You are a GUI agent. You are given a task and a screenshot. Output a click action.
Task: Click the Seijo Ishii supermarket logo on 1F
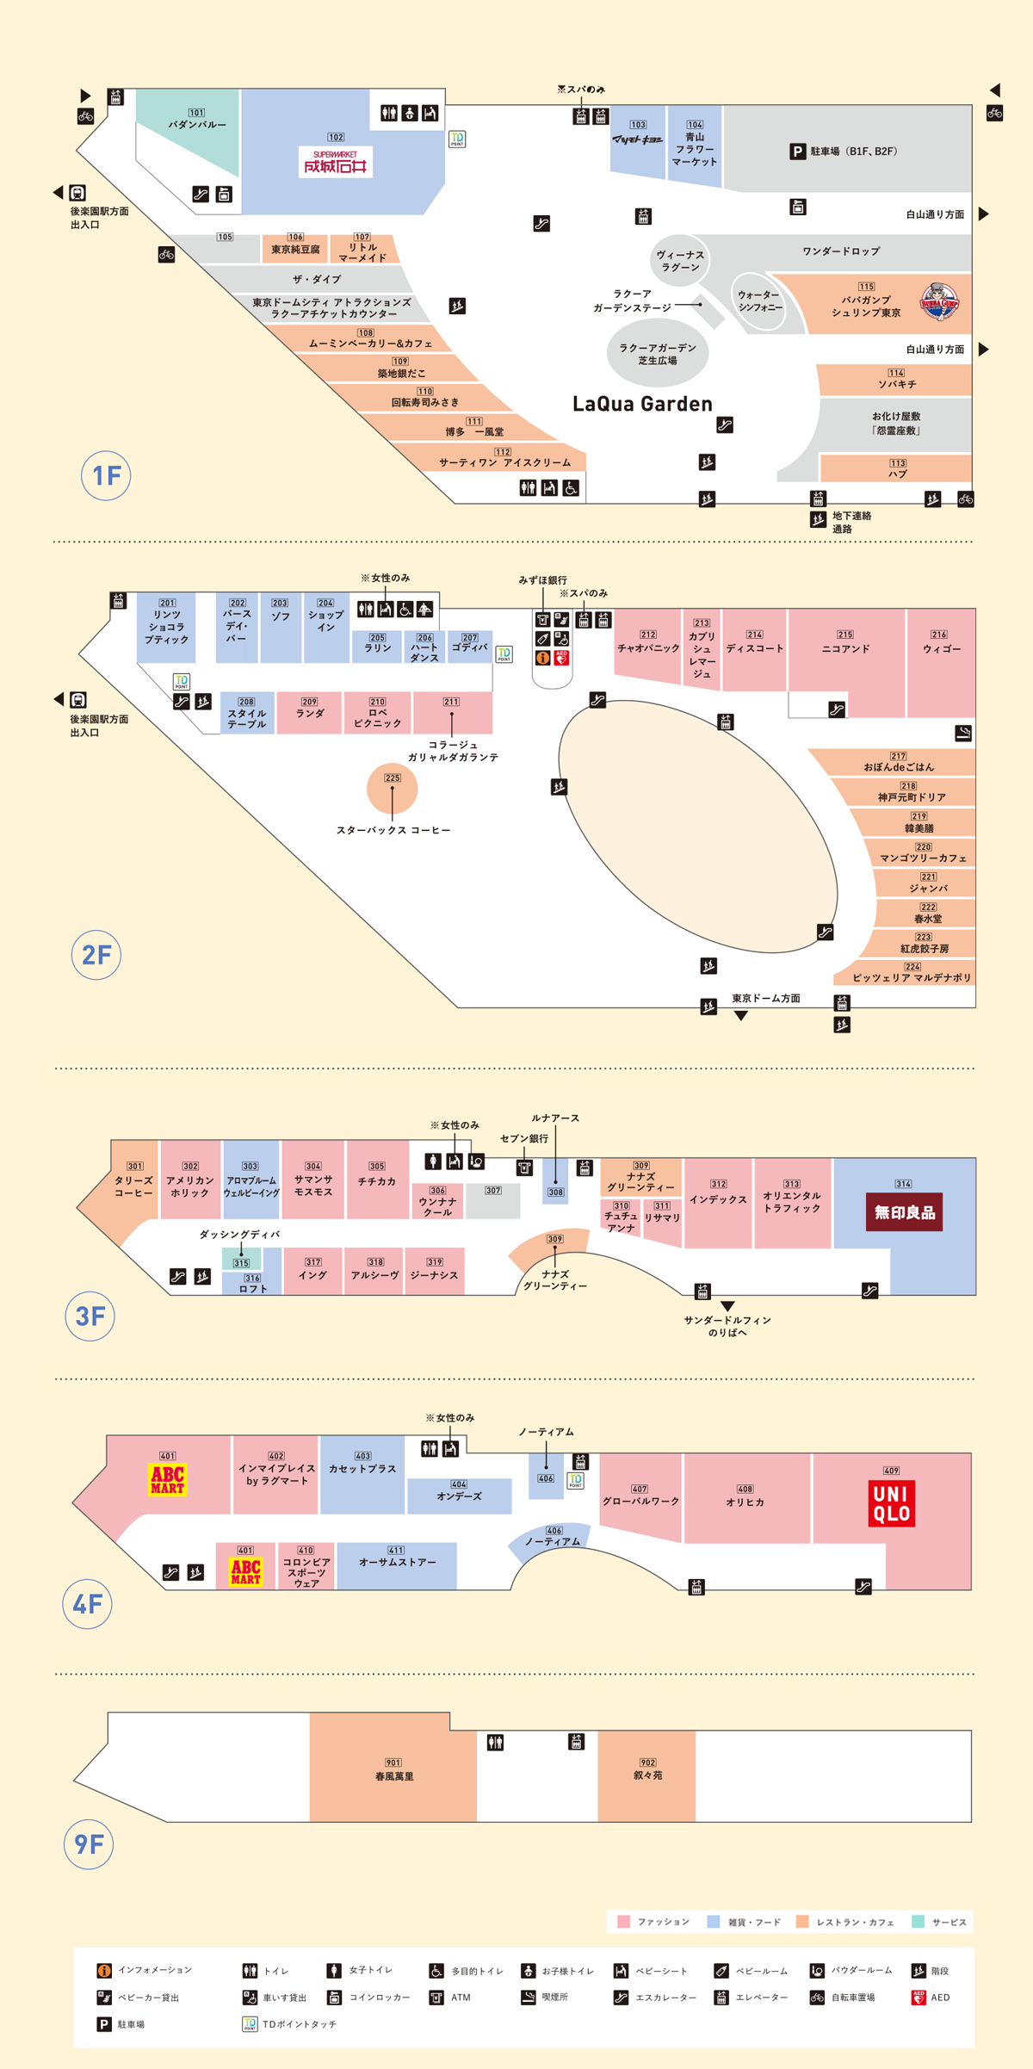pyautogui.click(x=336, y=162)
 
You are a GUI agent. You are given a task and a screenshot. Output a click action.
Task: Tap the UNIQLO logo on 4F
pyautogui.click(x=891, y=1502)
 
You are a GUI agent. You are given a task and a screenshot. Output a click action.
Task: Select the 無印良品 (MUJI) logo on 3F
pyautogui.click(x=904, y=1212)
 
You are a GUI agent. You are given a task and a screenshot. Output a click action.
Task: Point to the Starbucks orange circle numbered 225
pyautogui.click(x=393, y=788)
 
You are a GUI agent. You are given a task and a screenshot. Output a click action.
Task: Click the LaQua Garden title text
pyautogui.click(x=642, y=404)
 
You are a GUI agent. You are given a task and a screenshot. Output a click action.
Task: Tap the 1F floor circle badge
pyautogui.click(x=106, y=475)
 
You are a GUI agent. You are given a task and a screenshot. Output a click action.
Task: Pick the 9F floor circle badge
pyautogui.click(x=89, y=1843)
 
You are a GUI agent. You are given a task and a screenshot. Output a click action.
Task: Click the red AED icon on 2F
pyautogui.click(x=561, y=658)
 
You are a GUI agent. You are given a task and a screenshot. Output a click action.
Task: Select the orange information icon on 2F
pyautogui.click(x=542, y=658)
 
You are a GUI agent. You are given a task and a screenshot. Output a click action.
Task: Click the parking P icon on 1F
pyautogui.click(x=798, y=152)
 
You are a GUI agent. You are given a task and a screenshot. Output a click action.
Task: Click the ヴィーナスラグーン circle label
pyautogui.click(x=680, y=260)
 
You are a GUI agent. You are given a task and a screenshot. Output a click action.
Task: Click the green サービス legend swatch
pyautogui.click(x=918, y=1922)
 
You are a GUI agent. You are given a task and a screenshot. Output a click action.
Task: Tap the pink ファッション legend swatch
pyautogui.click(x=624, y=1922)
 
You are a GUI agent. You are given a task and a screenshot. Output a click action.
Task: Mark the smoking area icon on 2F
pyautogui.click(x=963, y=733)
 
